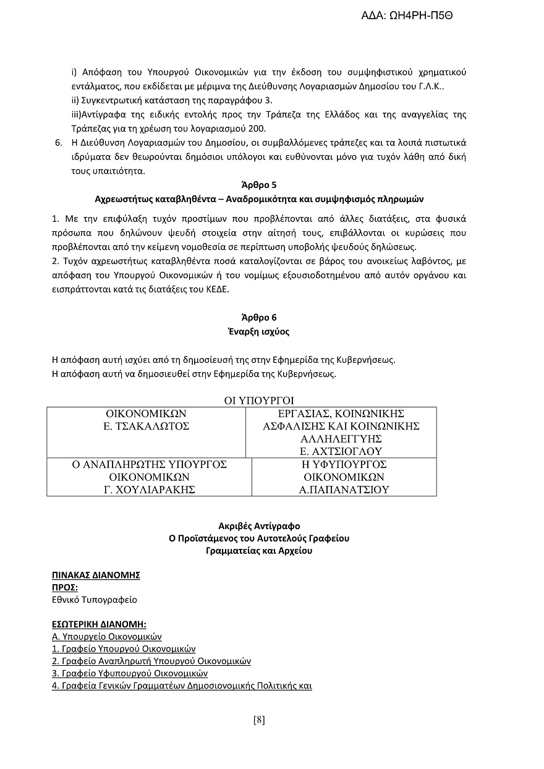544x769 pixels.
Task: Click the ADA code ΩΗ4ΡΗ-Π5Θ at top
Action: (x=407, y=17)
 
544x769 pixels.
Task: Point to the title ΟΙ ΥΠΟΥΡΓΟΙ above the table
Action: (x=258, y=401)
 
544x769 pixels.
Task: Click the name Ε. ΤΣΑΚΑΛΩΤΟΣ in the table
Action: (x=146, y=427)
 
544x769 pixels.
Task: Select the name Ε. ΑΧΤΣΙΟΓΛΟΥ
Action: (x=341, y=451)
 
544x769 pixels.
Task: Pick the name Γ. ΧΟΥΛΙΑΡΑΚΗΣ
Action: (x=149, y=490)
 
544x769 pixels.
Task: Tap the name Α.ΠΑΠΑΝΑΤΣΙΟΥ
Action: (x=344, y=490)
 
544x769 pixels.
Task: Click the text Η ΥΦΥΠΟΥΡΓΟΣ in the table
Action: (x=344, y=464)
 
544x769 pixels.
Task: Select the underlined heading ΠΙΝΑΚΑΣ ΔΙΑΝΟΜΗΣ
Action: (x=96, y=575)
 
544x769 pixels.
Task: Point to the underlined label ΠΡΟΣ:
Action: (x=65, y=587)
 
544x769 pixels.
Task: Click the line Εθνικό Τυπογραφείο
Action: (x=95, y=600)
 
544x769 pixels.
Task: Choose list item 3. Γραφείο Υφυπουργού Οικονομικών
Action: (x=130, y=673)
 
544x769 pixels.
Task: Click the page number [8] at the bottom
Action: (x=259, y=720)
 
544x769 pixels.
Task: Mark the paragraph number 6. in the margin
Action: (x=59, y=143)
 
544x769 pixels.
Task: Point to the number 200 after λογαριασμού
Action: (x=257, y=129)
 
